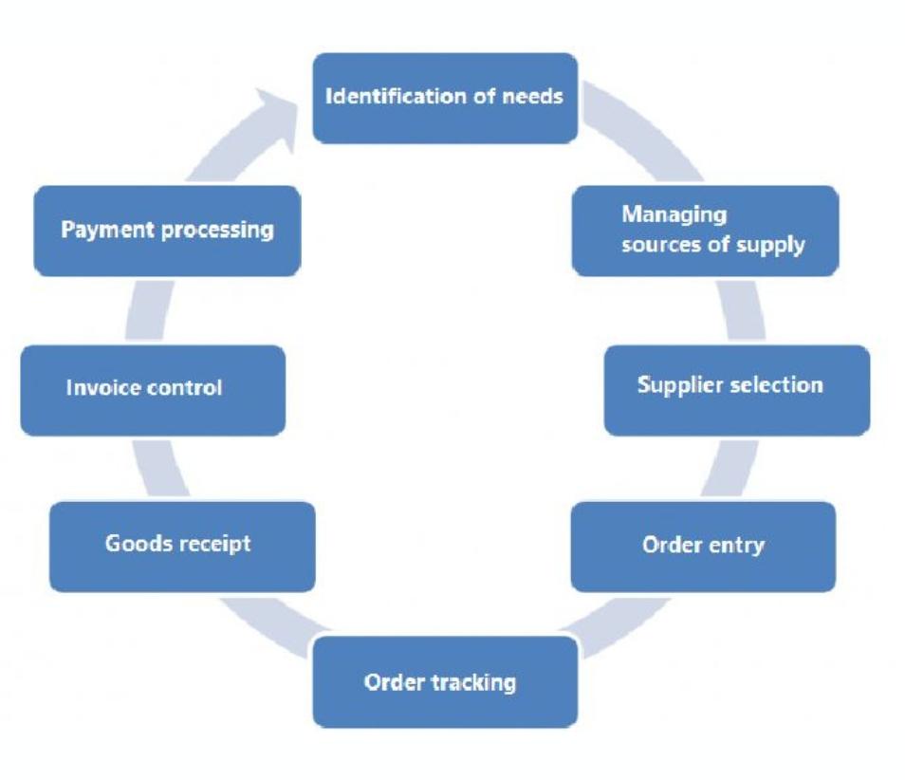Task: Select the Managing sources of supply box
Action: (705, 231)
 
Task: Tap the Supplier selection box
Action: (736, 390)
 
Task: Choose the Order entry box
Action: (703, 547)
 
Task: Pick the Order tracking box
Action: (445, 682)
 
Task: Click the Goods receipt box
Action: (181, 547)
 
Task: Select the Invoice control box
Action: (153, 390)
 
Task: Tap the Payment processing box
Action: (167, 231)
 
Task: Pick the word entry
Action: (735, 546)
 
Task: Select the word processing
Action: (213, 232)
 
